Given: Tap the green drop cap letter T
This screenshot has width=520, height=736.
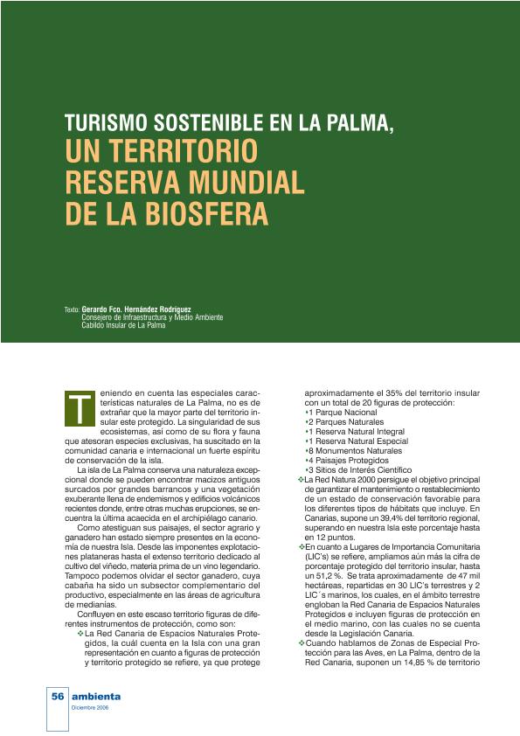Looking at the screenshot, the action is pyautogui.click(x=78, y=407).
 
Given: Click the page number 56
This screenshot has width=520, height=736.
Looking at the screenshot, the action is pyautogui.click(x=58, y=696).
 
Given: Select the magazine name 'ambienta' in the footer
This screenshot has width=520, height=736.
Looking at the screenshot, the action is pyautogui.click(x=96, y=696).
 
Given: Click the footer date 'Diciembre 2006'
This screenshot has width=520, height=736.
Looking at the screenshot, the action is pyautogui.click(x=91, y=706).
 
